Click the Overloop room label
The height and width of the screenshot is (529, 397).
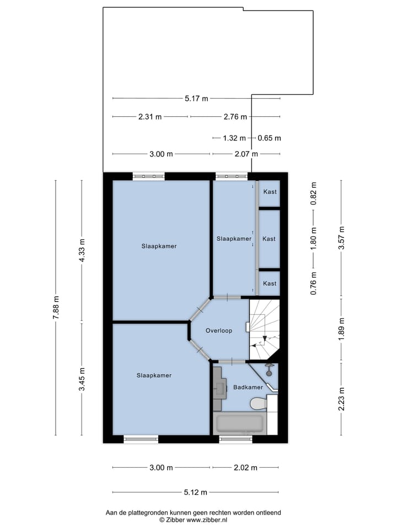(219, 331)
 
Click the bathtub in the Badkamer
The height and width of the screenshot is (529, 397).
(242, 424)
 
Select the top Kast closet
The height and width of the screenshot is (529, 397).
(269, 192)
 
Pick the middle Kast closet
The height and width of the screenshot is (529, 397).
(269, 239)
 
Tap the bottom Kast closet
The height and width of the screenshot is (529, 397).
(269, 283)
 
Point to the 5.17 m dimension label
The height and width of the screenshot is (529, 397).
(196, 99)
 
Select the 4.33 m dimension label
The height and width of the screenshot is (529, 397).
(82, 251)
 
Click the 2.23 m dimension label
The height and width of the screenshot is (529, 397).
(341, 398)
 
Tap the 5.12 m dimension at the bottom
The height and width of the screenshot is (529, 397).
(196, 492)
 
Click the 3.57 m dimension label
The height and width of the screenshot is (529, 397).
(341, 238)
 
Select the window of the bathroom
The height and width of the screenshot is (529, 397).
(235, 439)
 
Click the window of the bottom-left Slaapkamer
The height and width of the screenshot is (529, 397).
(141, 439)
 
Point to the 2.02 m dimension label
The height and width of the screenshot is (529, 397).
(246, 468)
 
